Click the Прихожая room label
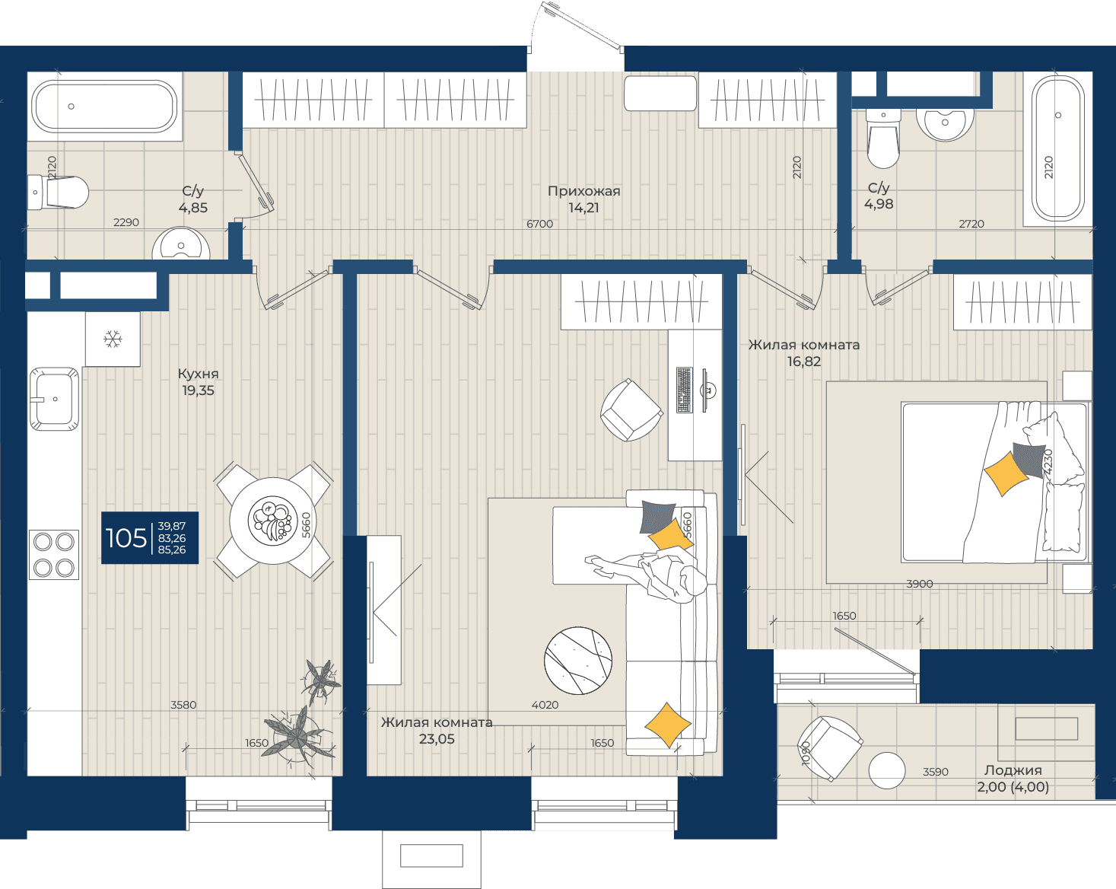point(584,191)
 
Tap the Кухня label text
point(198,374)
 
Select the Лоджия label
point(1013,771)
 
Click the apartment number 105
point(126,538)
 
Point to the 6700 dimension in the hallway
point(539,224)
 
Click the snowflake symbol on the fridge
point(113,339)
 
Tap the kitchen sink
point(55,399)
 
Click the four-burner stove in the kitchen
point(54,554)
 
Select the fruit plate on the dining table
point(273,521)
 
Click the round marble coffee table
point(577,660)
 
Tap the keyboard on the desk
point(685,390)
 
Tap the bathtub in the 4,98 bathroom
point(1057,148)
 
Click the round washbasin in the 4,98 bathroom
point(945,123)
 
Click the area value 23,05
point(437,739)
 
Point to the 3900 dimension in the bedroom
point(920,584)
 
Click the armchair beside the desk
point(631,410)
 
